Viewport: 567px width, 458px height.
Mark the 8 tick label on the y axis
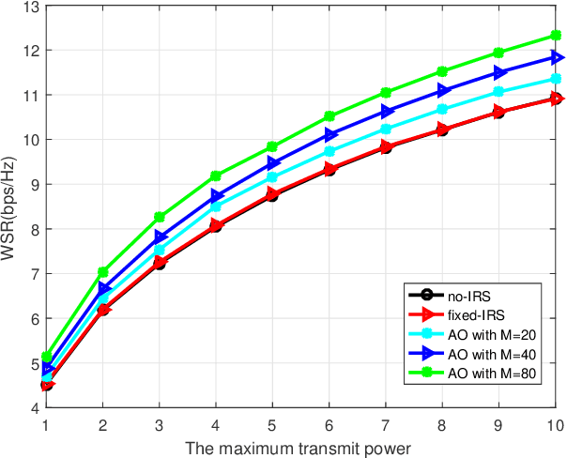(x=30, y=229)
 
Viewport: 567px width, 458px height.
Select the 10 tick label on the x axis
(x=556, y=423)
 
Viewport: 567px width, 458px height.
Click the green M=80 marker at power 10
(x=556, y=36)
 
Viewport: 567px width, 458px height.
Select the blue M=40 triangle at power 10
(x=556, y=57)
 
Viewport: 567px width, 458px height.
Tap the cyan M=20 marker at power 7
(x=386, y=130)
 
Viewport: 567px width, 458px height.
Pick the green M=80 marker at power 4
(x=216, y=176)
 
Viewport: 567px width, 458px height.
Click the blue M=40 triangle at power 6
(x=329, y=134)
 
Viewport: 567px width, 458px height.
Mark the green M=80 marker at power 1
(x=47, y=357)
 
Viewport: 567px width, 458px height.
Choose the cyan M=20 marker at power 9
(x=499, y=92)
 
